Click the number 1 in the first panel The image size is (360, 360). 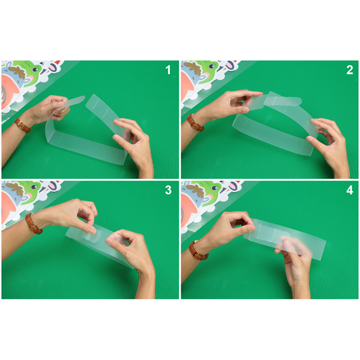coord(168,70)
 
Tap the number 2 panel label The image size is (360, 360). coord(349,70)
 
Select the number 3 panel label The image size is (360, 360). coord(168,190)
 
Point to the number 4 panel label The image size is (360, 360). coord(349,190)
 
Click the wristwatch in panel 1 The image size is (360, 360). coord(22,125)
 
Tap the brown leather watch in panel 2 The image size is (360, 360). coord(195,123)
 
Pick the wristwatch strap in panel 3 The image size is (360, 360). coord(33,223)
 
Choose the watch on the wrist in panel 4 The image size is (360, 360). coord(198,251)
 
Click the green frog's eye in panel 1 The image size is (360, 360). coord(35,69)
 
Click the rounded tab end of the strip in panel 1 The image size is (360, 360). coord(78,100)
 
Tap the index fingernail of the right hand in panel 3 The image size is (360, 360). coord(110,241)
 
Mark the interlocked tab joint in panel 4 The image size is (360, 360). coord(266,231)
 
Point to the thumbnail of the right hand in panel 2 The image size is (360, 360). coord(309,139)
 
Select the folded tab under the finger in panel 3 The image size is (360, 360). coord(91,236)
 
